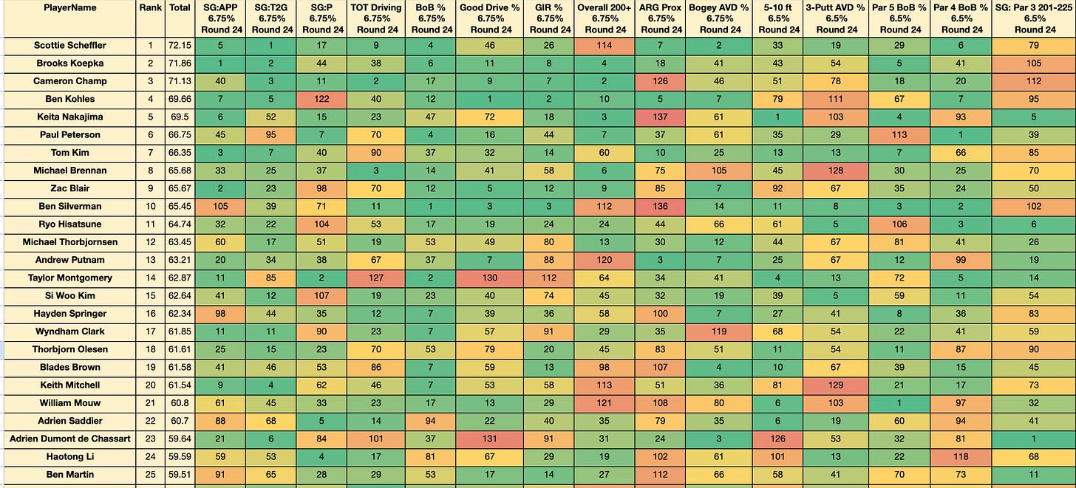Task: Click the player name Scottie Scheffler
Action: pos(70,46)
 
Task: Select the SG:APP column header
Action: pos(221,18)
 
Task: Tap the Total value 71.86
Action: pos(180,63)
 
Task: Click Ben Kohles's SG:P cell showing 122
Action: pos(321,99)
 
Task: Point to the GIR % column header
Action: pos(550,18)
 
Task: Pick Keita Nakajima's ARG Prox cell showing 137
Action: pos(660,117)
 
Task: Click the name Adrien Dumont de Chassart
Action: pos(70,439)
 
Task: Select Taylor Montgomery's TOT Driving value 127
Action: pos(376,278)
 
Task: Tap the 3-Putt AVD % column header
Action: pos(837,18)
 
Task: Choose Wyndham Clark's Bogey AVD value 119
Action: pos(718,331)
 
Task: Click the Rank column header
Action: pos(150,7)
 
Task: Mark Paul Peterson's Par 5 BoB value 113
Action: pos(899,135)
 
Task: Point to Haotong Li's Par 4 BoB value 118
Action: pos(961,457)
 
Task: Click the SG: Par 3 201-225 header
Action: pos(1035,18)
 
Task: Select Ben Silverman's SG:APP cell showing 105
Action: pos(220,206)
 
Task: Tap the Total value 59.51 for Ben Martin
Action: pos(180,475)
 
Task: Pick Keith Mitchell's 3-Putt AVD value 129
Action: pos(836,385)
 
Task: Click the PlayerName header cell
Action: pos(70,7)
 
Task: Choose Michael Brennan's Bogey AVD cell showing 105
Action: pos(718,171)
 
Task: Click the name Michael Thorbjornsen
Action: pos(70,242)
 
